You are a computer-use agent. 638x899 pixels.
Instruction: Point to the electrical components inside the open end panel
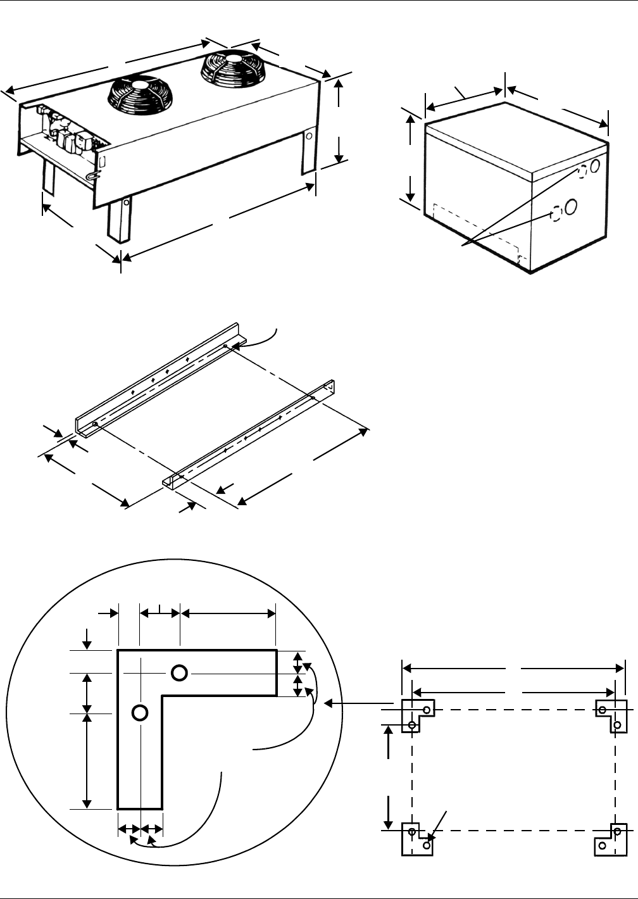tap(63, 130)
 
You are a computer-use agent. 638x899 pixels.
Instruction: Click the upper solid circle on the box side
tap(596, 167)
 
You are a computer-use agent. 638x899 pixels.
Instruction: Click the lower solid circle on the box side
tap(570, 206)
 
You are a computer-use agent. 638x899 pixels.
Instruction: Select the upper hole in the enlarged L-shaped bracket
tap(179, 672)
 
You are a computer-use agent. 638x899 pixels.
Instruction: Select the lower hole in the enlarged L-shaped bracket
tap(140, 712)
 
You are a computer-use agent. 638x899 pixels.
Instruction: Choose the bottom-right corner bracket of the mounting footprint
tap(611, 838)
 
